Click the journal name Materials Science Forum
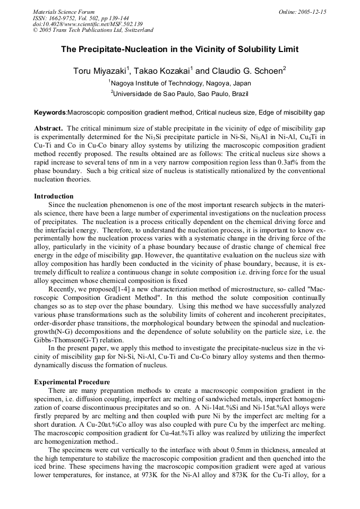pos(64,11)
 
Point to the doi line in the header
pos(88,24)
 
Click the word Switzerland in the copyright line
pos(135,30)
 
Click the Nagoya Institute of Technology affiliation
pos(181,83)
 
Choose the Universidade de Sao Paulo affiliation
pos(181,93)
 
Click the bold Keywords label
pos(50,113)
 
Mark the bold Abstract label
pos(49,128)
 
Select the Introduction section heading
pos(54,196)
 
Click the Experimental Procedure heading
pos(72,382)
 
